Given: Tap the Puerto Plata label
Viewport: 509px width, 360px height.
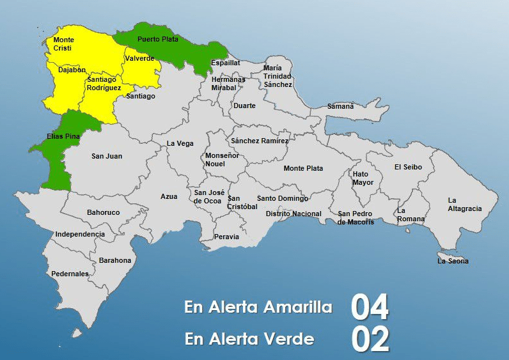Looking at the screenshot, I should pos(155,39).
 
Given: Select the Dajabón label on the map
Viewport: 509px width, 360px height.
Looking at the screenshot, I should pos(72,70).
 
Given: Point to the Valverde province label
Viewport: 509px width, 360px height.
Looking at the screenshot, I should pos(139,58).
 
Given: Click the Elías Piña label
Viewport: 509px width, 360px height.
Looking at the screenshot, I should pos(63,136).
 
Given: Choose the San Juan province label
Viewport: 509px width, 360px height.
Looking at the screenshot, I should pos(107,156).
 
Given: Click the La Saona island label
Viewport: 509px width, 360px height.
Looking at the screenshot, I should pos(453,261).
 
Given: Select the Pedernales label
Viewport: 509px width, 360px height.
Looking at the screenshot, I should pos(70,274).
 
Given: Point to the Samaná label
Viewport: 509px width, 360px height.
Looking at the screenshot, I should pos(340,106).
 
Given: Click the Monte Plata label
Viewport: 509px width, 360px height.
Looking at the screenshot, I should pos(303,168).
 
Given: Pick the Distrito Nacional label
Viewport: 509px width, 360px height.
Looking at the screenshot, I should pos(294,214).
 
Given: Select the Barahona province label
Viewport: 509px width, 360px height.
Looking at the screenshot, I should pos(115,260).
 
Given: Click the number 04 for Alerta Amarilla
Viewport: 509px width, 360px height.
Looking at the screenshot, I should pos(370,308).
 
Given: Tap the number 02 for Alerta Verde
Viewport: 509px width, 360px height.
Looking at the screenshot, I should pos(370,339).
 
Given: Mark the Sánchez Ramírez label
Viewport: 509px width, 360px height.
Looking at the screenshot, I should pos(260,140).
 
